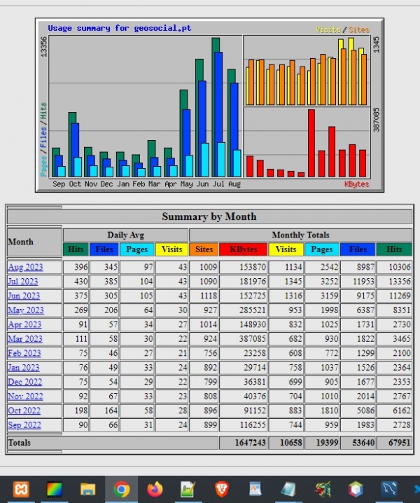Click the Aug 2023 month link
(x=25, y=267)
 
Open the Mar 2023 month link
(x=24, y=338)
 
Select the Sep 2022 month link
(x=24, y=425)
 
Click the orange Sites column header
(x=204, y=249)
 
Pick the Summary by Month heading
(x=209, y=216)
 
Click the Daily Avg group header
(x=126, y=235)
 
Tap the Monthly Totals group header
(x=300, y=235)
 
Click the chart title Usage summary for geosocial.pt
(x=119, y=29)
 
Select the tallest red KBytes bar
(x=311, y=143)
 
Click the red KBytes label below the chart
(x=356, y=184)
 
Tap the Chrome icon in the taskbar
(x=120, y=489)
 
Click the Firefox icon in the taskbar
(x=154, y=489)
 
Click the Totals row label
(x=20, y=443)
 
